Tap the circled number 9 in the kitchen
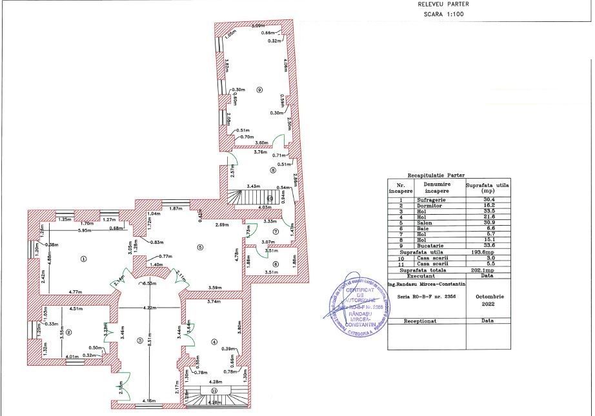point(259,89)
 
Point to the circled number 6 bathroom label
point(276,264)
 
